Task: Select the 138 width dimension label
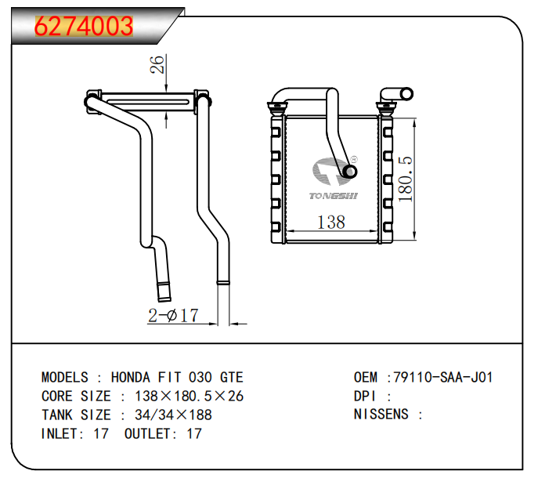click(x=330, y=222)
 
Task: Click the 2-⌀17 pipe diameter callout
click(x=173, y=316)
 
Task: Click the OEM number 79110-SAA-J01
click(x=443, y=377)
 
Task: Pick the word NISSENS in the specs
click(x=381, y=415)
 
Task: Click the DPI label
click(x=366, y=396)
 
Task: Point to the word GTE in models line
click(x=231, y=377)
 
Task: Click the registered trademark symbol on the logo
click(x=352, y=159)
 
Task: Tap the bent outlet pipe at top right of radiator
click(x=395, y=95)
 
